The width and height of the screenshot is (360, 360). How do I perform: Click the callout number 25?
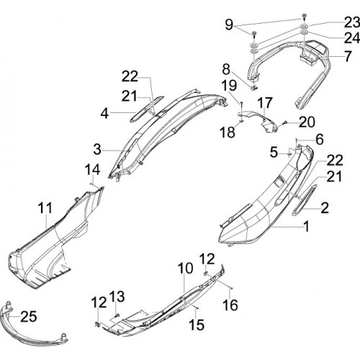tap(29, 317)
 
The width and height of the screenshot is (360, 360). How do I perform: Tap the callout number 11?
tap(45, 207)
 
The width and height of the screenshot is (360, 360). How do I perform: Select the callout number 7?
tap(348, 56)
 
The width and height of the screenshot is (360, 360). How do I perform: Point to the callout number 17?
tap(265, 102)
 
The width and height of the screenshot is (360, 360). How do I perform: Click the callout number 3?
tap(97, 149)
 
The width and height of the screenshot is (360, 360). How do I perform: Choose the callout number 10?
tap(185, 268)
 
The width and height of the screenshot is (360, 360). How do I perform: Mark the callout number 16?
tap(230, 305)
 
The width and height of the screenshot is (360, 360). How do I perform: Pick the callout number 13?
tap(117, 297)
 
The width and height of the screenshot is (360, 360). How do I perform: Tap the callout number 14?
tap(92, 170)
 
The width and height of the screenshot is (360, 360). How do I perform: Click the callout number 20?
tap(307, 122)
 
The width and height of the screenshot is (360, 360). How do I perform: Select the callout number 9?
tap(229, 24)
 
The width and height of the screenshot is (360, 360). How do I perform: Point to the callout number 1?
tap(306, 226)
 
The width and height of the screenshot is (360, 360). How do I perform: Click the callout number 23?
tap(353, 23)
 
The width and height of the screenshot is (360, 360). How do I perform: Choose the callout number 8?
tap(226, 69)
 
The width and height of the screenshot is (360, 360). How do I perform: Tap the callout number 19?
tap(229, 85)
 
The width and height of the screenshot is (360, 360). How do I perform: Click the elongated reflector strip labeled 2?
tap(305, 200)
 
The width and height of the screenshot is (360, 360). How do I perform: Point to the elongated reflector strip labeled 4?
tap(146, 109)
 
